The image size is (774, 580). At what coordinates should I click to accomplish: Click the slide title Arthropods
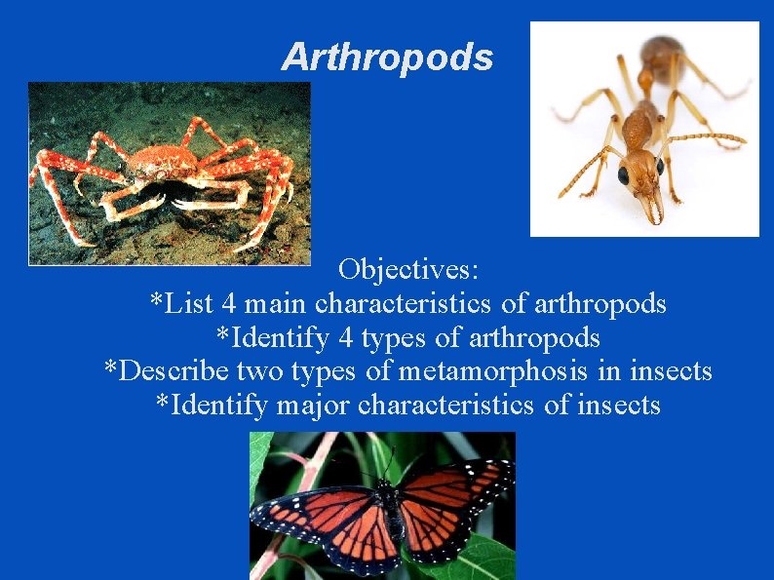click(387, 58)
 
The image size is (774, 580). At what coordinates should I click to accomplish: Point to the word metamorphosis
click(504, 371)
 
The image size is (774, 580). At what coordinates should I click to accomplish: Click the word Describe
click(165, 371)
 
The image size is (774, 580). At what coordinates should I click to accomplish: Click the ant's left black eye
click(623, 175)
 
